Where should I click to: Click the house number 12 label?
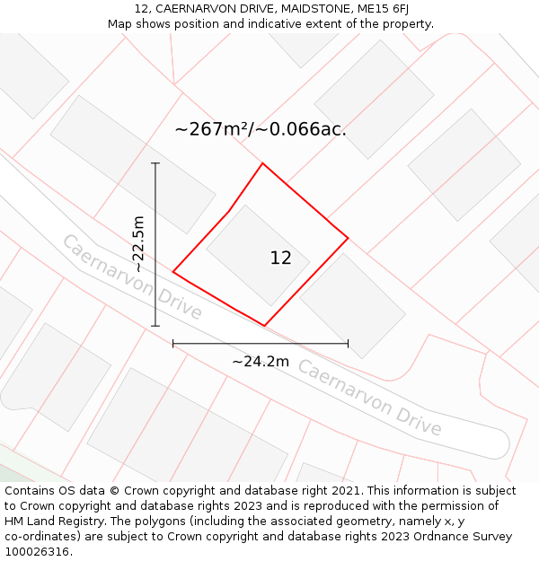click(280, 259)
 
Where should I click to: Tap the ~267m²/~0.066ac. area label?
click(261, 129)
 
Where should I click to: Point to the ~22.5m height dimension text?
click(137, 244)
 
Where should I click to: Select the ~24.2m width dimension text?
click(261, 362)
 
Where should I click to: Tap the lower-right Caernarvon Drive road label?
click(369, 398)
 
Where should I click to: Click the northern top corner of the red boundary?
click(262, 163)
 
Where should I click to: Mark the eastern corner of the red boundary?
click(348, 238)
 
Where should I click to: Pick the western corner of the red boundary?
click(173, 271)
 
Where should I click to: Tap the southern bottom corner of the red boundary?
click(264, 326)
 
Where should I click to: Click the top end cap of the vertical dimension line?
click(155, 163)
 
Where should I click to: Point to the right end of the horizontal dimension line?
click(348, 343)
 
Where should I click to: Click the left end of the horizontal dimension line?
click(173, 343)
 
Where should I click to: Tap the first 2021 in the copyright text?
click(347, 491)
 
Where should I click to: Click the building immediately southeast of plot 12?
click(352, 305)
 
